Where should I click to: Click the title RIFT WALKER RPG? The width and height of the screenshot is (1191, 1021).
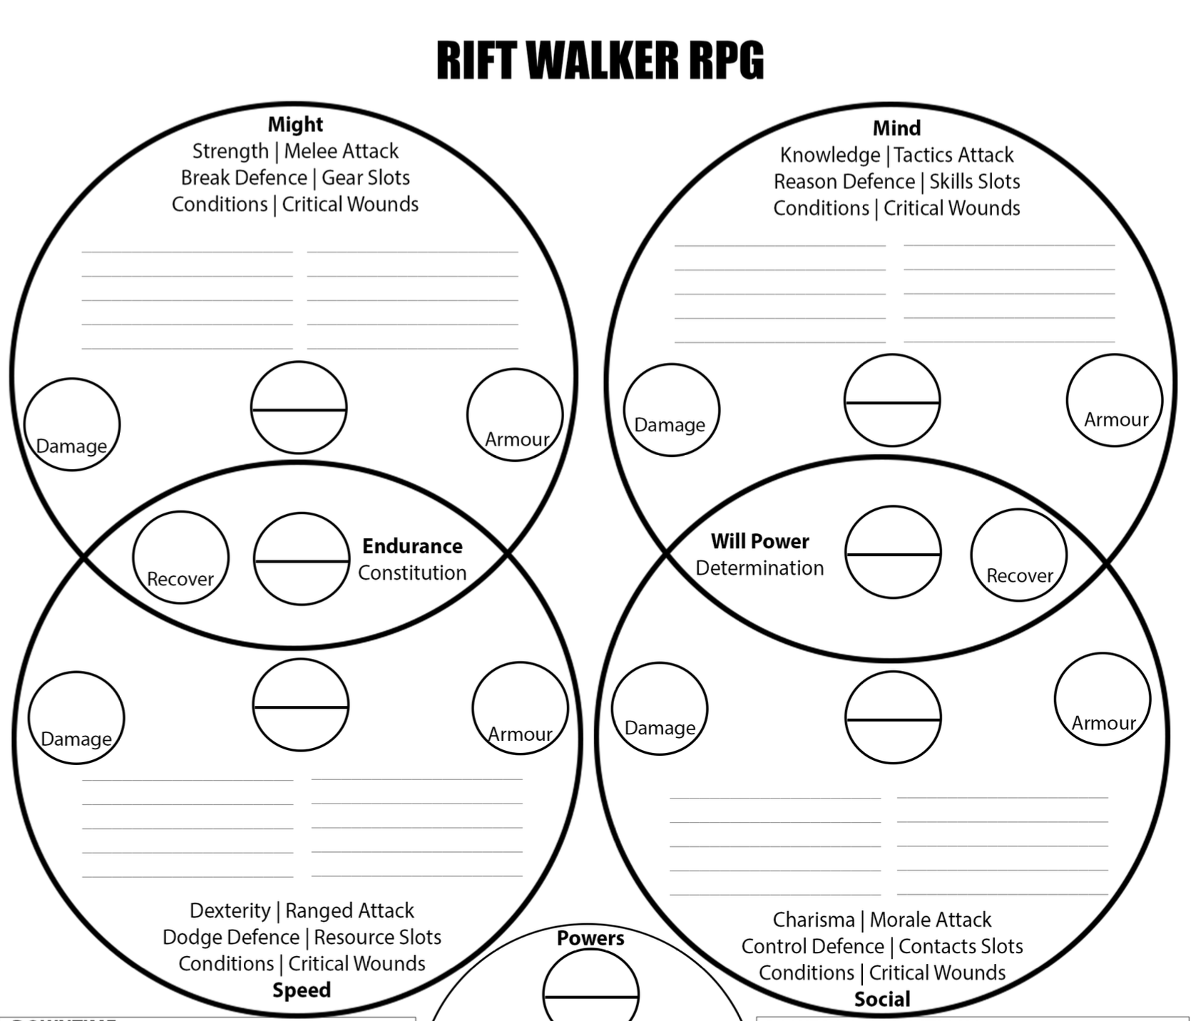pyautogui.click(x=600, y=60)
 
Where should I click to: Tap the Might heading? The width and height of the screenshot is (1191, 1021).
pyautogui.click(x=295, y=125)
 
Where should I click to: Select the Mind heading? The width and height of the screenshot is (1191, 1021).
pyautogui.click(x=896, y=128)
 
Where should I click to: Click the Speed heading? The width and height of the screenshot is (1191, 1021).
pyautogui.click(x=302, y=990)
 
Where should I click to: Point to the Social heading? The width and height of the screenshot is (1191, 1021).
pyautogui.click(x=882, y=1000)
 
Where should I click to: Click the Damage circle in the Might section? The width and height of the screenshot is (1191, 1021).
pyautogui.click(x=72, y=425)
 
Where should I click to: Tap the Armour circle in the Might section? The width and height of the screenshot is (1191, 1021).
pyautogui.click(x=515, y=415)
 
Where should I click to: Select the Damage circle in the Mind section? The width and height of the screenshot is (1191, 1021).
pyautogui.click(x=672, y=410)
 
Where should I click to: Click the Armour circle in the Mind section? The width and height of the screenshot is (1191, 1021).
pyautogui.click(x=1115, y=401)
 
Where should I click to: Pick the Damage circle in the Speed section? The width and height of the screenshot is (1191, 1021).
pyautogui.click(x=76, y=718)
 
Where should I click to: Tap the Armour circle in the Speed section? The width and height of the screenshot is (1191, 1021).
pyautogui.click(x=520, y=709)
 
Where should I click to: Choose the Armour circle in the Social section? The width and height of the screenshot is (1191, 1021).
pyautogui.click(x=1103, y=699)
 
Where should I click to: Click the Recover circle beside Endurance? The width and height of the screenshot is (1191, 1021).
pyautogui.click(x=181, y=558)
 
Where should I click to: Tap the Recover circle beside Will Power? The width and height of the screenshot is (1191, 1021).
pyautogui.click(x=1018, y=555)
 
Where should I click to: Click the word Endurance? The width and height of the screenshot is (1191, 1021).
pyautogui.click(x=412, y=546)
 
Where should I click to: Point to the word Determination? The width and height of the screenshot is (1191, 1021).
pyautogui.click(x=760, y=568)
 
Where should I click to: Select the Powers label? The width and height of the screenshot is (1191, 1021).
pyautogui.click(x=591, y=938)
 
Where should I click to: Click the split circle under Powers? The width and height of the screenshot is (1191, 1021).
pyautogui.click(x=591, y=991)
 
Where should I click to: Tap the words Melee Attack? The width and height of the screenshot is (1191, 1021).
pyautogui.click(x=342, y=151)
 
